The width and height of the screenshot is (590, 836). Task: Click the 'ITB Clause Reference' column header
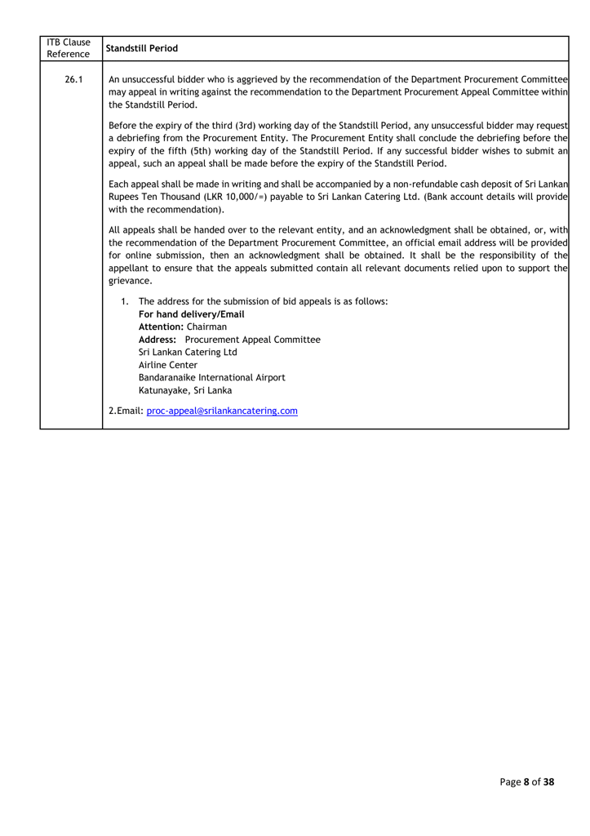(69, 47)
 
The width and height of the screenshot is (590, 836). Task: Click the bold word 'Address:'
(159, 340)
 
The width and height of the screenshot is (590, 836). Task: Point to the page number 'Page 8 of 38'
(527, 782)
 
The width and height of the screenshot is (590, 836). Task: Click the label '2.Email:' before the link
(126, 410)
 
